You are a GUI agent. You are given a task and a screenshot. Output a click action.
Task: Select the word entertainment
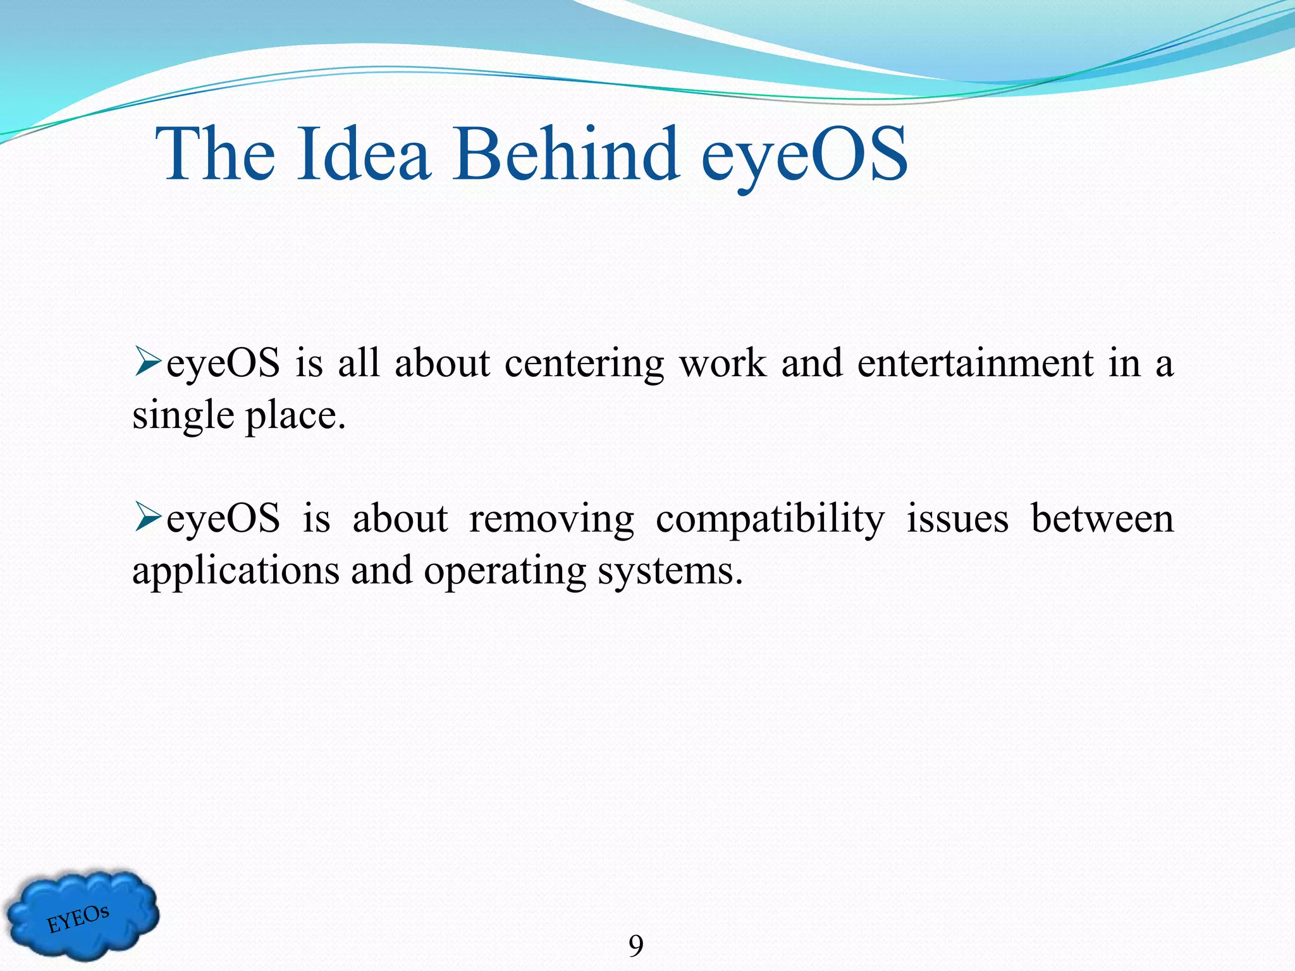click(975, 363)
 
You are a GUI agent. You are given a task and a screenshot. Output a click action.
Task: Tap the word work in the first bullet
click(722, 363)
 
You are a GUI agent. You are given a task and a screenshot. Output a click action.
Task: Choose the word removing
click(551, 520)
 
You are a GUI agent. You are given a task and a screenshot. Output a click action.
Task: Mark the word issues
click(957, 520)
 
